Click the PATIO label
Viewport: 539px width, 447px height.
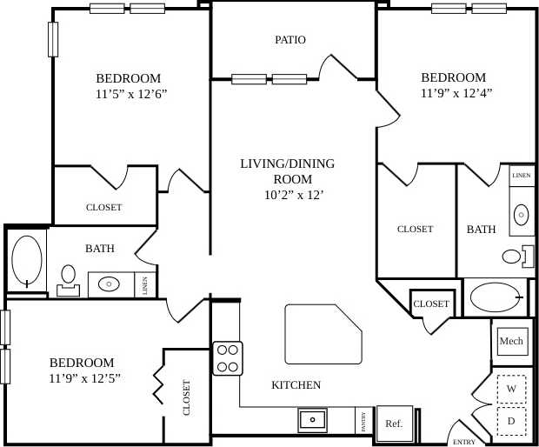pyautogui.click(x=290, y=40)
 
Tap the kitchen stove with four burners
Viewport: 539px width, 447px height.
pyautogui.click(x=228, y=358)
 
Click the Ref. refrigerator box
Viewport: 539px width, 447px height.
pyautogui.click(x=394, y=424)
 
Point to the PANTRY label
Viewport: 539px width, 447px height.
pyautogui.click(x=363, y=421)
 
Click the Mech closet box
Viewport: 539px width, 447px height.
pyautogui.click(x=511, y=341)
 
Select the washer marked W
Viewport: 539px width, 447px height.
pyautogui.click(x=511, y=389)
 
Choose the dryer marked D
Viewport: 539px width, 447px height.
pyautogui.click(x=511, y=421)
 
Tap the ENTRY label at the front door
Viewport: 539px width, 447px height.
pyautogui.click(x=463, y=442)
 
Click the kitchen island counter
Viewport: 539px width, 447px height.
pyautogui.click(x=322, y=334)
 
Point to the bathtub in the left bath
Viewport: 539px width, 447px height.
pyautogui.click(x=26, y=261)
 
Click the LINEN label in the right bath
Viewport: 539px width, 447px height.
pyautogui.click(x=522, y=175)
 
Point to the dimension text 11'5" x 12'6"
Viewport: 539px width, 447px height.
pyautogui.click(x=131, y=94)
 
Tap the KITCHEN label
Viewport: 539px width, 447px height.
pyautogui.click(x=296, y=385)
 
